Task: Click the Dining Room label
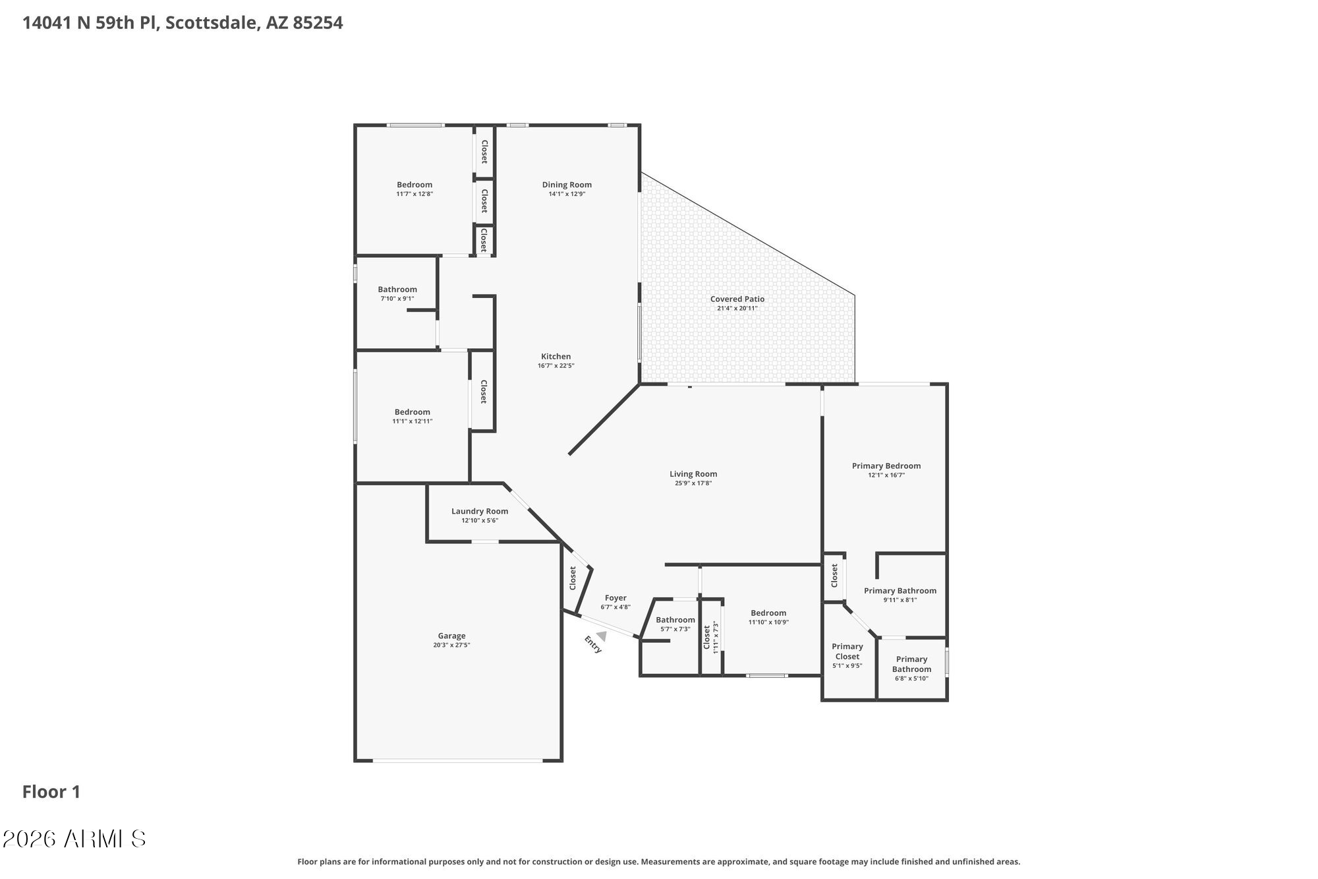tap(567, 185)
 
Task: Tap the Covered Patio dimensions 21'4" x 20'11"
tap(737, 308)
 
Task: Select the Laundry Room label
tap(480, 511)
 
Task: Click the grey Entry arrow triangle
tap(601, 636)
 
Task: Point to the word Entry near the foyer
tap(593, 644)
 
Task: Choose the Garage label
tap(451, 636)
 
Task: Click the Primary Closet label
tap(847, 652)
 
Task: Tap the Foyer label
tap(616, 598)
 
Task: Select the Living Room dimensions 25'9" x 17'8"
tap(693, 483)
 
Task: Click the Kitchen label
tap(556, 356)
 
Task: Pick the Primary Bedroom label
tap(886, 466)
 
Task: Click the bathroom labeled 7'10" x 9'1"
tap(397, 289)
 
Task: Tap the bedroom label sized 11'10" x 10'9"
tap(768, 613)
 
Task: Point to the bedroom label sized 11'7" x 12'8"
tap(415, 185)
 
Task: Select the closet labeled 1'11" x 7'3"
tap(707, 638)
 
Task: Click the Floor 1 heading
tap(51, 792)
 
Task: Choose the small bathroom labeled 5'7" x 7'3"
tap(675, 620)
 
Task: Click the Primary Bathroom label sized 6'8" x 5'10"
tap(911, 664)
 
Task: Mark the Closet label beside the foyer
tap(573, 578)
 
